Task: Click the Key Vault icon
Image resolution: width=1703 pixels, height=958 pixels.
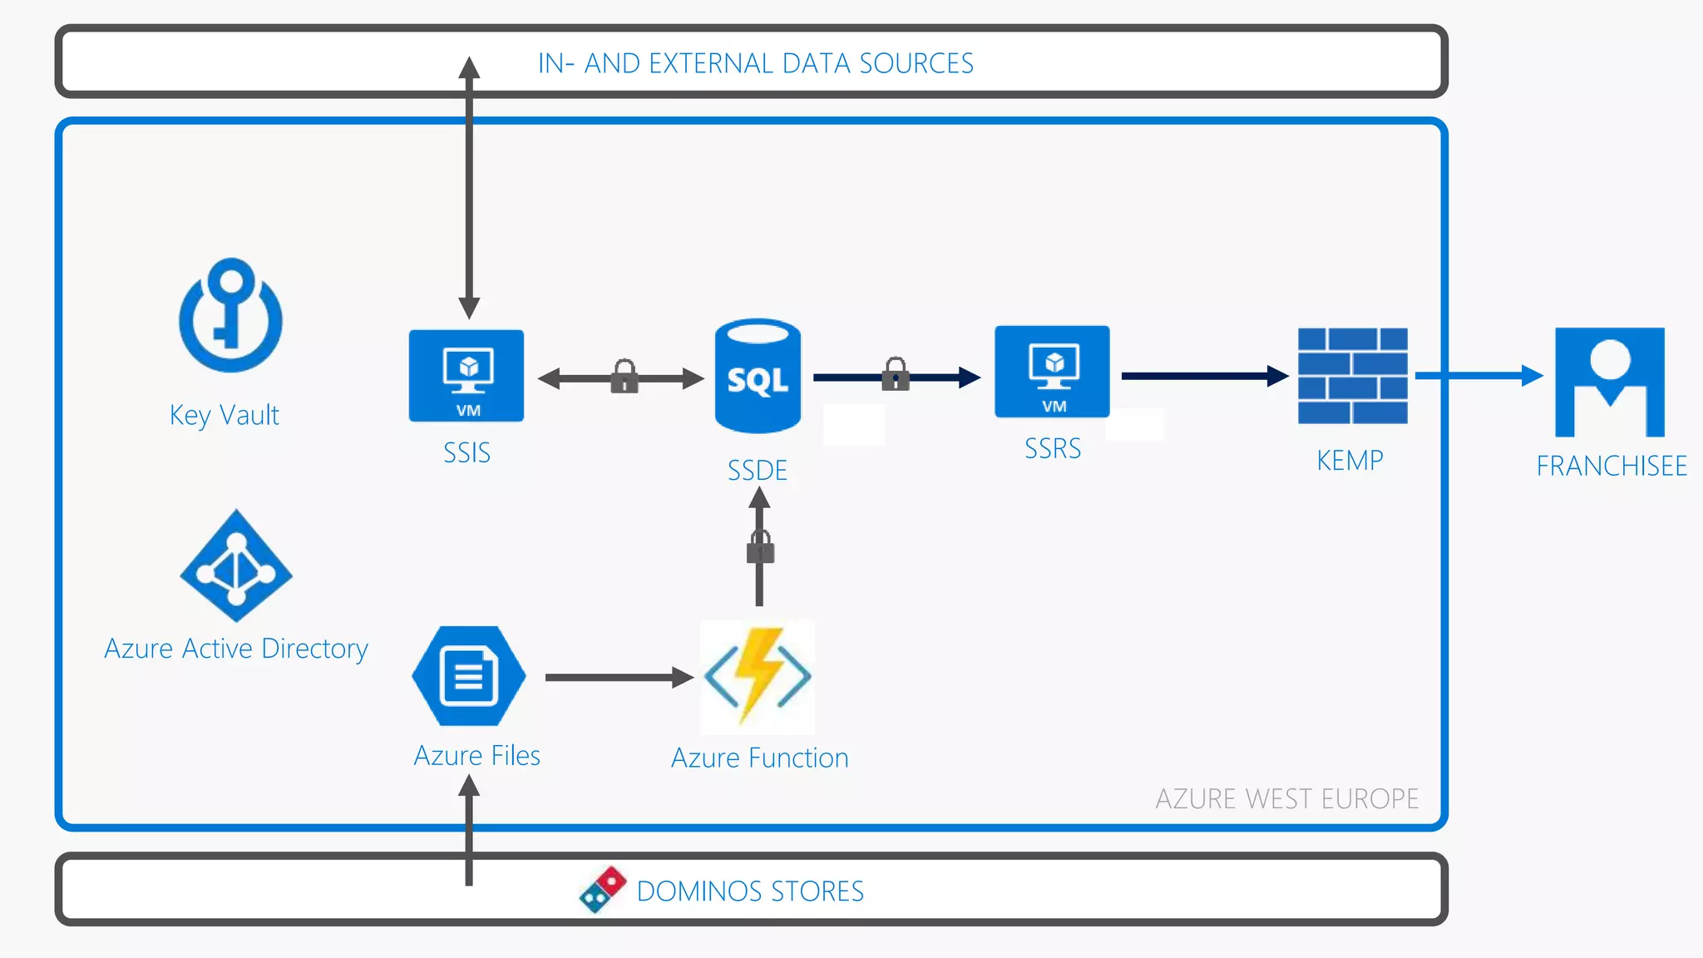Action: (x=230, y=316)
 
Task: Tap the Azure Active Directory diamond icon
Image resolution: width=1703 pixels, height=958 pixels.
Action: (x=236, y=566)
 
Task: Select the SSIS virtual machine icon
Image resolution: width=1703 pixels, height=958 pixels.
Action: (x=466, y=376)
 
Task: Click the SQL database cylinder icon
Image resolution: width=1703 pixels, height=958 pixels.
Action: (x=758, y=377)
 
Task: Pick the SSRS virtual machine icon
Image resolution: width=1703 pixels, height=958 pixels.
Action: (x=1052, y=372)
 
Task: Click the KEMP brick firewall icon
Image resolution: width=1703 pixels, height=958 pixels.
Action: (x=1353, y=376)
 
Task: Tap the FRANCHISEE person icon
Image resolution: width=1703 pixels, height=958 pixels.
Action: (x=1610, y=382)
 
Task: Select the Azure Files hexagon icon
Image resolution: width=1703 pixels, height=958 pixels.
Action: (x=469, y=676)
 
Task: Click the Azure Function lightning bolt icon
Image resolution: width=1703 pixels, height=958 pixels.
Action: (x=758, y=677)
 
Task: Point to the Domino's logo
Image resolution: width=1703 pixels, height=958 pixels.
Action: (x=603, y=890)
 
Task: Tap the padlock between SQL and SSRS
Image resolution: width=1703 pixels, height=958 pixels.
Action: (x=896, y=374)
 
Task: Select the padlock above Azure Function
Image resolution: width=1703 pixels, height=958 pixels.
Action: (x=760, y=547)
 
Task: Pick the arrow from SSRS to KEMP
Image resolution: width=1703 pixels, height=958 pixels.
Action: (x=1202, y=376)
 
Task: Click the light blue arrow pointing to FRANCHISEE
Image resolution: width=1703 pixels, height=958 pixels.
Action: (x=1476, y=376)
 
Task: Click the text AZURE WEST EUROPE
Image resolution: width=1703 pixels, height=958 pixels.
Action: (x=1286, y=798)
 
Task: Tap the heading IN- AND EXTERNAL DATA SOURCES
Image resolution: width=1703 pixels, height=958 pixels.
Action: (x=755, y=63)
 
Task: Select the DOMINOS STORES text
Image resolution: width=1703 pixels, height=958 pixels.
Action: (x=750, y=891)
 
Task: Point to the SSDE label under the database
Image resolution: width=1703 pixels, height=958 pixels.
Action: (x=757, y=471)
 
